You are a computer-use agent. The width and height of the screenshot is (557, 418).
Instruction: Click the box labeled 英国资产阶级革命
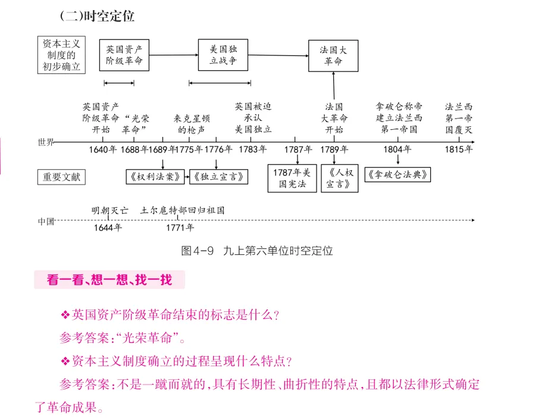click(124, 55)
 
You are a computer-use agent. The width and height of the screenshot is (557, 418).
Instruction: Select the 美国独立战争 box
click(223, 55)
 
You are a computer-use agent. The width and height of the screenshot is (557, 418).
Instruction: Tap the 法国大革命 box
click(333, 56)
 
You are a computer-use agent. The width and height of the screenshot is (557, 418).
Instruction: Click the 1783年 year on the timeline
click(253, 149)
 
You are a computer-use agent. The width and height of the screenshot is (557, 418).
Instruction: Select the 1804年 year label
click(397, 149)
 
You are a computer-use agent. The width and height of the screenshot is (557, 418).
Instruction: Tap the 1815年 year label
click(458, 149)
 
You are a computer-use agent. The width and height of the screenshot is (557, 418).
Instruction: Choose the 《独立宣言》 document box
click(218, 177)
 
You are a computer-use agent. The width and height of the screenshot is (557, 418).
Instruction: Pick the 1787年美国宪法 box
click(292, 178)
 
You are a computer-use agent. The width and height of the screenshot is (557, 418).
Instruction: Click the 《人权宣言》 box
click(340, 178)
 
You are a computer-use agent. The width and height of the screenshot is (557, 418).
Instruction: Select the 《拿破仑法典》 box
click(398, 175)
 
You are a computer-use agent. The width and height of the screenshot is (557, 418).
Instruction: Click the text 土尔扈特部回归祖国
click(183, 210)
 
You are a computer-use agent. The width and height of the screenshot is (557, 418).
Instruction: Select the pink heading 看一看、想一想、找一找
click(109, 280)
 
